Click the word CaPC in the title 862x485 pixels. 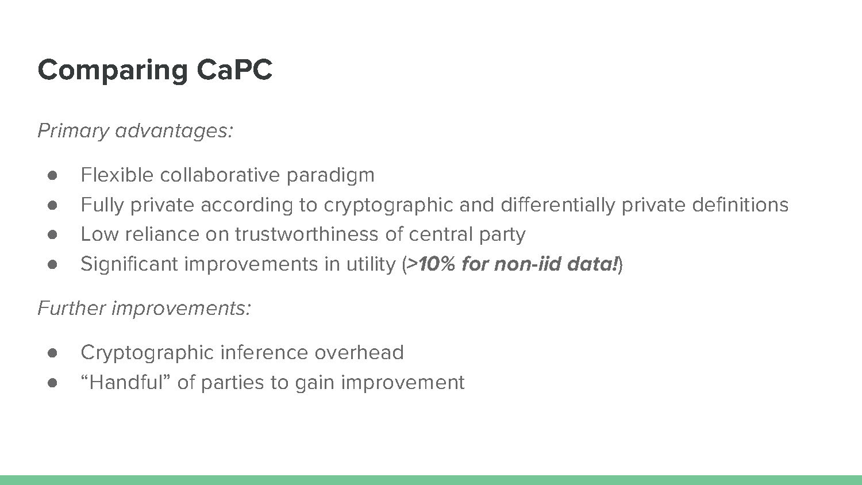click(234, 70)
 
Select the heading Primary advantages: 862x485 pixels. click(136, 131)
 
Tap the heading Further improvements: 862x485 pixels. click(144, 309)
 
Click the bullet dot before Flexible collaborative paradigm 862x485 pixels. click(52, 175)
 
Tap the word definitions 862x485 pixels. click(740, 205)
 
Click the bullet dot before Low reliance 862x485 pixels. click(52, 235)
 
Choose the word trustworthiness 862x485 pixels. click(307, 234)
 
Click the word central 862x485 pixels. click(440, 234)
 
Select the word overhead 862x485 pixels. click(359, 353)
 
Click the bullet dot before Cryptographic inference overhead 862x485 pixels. click(52, 353)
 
